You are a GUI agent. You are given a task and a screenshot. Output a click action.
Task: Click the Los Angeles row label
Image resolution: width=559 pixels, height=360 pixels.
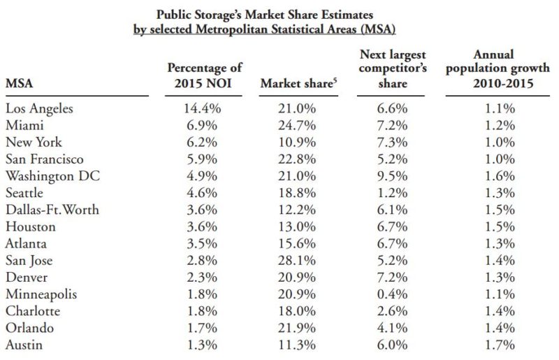coord(39,109)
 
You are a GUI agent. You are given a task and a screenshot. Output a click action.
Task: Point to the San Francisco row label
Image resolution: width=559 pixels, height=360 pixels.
coord(45,159)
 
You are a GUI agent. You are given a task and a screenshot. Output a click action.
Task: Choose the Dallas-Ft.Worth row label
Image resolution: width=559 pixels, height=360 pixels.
coord(52,209)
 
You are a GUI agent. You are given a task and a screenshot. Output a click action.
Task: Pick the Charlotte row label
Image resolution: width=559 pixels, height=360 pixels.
coord(32,310)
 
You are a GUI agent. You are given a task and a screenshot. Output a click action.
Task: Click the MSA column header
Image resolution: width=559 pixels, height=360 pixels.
coord(19,83)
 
